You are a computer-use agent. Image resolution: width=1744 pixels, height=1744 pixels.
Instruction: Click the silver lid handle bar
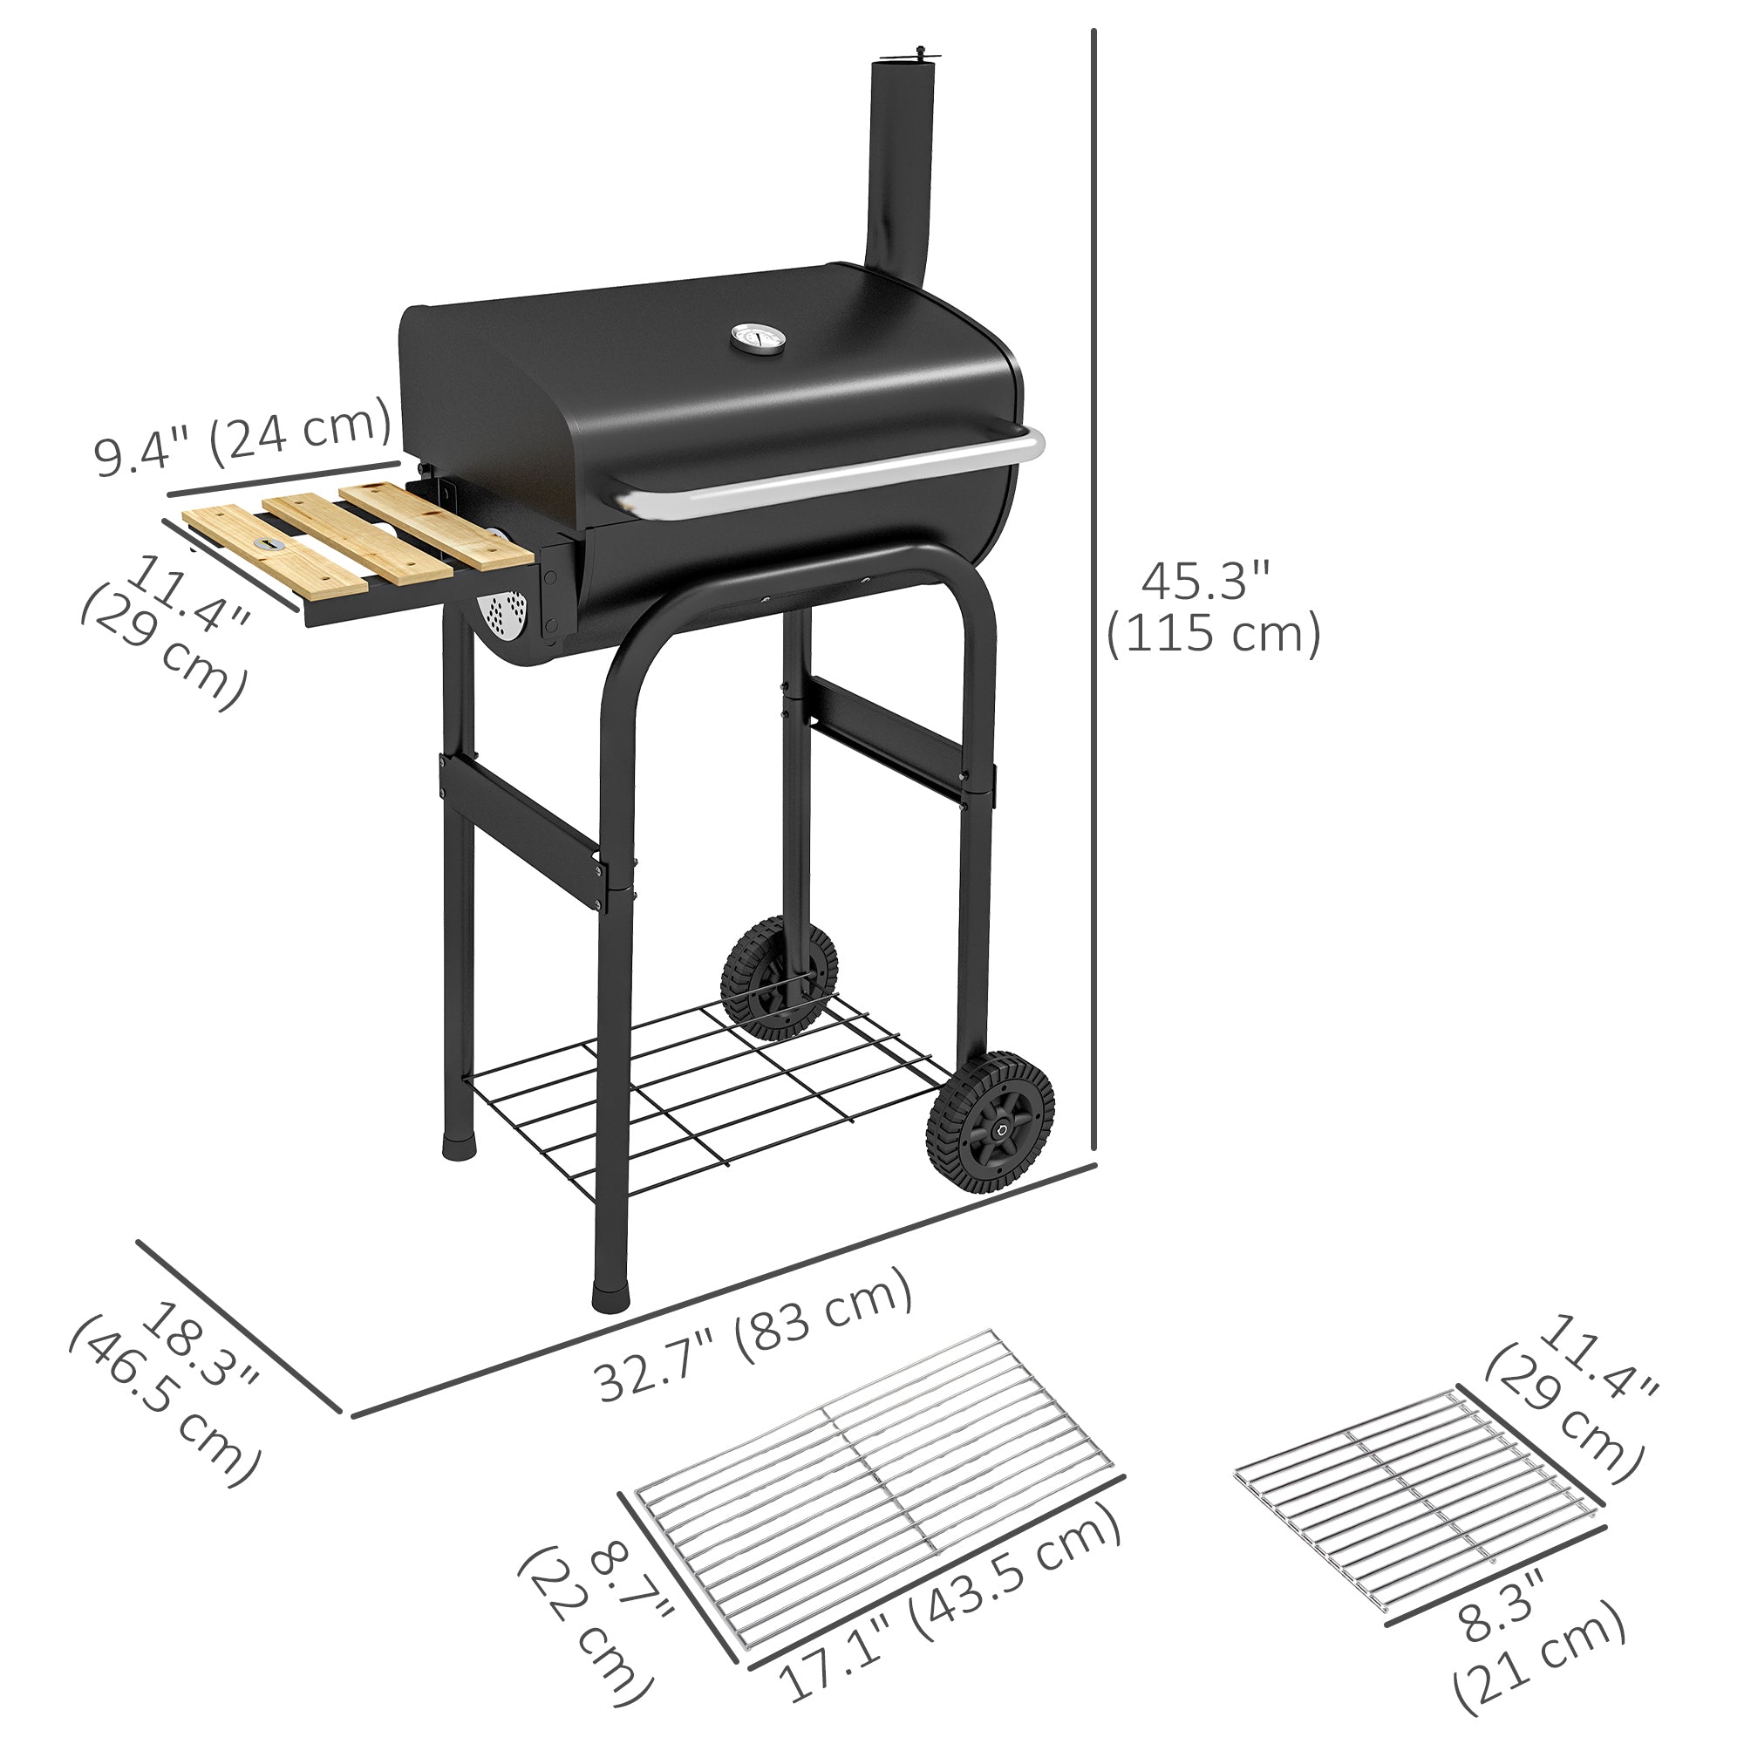(x=830, y=476)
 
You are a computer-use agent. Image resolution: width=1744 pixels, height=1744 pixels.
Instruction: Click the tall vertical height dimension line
(x=1093, y=361)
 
